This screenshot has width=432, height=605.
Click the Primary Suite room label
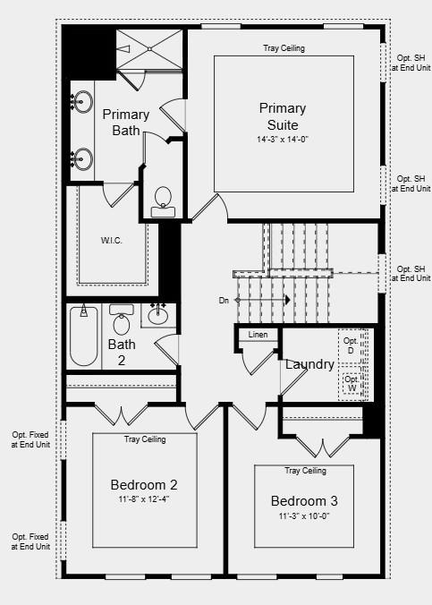point(283,116)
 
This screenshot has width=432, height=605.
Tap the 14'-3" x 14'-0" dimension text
point(283,140)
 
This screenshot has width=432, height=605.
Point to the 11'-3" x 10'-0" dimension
point(304,516)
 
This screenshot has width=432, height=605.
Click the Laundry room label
point(309,364)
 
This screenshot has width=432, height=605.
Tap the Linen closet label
point(258,335)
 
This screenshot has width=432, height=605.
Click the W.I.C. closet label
point(112,240)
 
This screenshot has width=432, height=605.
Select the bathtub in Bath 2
point(84,337)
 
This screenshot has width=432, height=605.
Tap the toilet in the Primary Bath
point(163,200)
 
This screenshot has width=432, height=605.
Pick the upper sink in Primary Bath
point(82,101)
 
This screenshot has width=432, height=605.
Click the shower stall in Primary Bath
point(148,47)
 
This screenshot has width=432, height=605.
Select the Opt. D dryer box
point(351,345)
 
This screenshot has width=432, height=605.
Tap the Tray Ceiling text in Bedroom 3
point(305,471)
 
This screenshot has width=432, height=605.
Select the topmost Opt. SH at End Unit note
point(411,64)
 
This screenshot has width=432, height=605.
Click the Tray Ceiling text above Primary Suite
point(284,48)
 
